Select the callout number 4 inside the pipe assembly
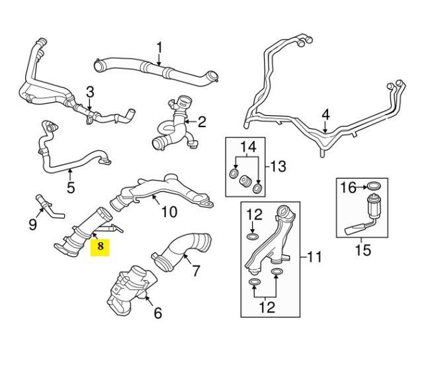tap(325, 115)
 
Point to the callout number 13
tap(279, 166)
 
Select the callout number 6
tap(157, 313)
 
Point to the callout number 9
tap(32, 224)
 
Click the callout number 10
tap(169, 212)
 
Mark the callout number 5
tap(71, 187)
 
